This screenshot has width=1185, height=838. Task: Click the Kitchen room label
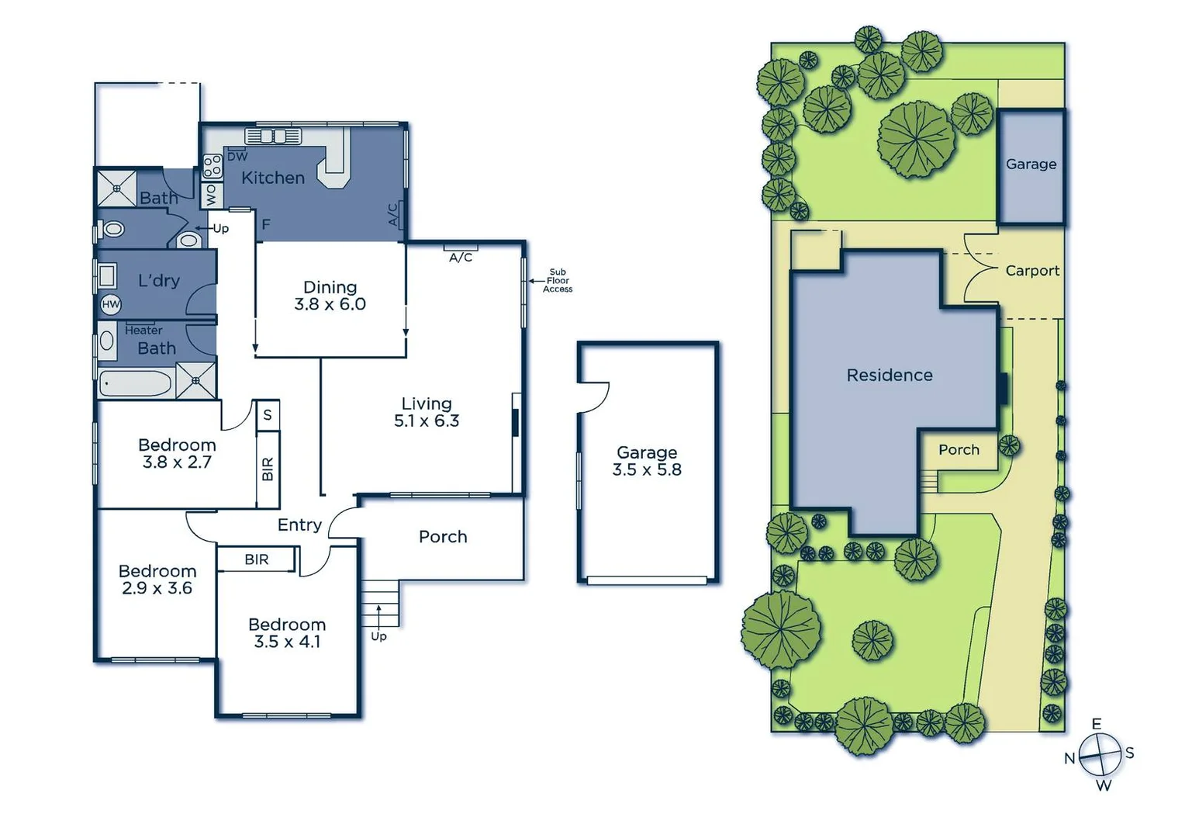[272, 178]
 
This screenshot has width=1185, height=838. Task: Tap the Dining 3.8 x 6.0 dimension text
[330, 304]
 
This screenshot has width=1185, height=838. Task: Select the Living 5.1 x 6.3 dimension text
[427, 421]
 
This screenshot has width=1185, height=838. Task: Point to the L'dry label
[159, 280]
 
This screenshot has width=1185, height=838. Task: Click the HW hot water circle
[111, 304]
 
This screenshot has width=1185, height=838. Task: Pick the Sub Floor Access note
[558, 280]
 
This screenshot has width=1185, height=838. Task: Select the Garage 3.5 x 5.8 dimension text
[647, 469]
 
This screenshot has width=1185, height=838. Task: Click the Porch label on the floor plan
[443, 536]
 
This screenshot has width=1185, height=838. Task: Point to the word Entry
[299, 525]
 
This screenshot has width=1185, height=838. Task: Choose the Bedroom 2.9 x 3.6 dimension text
[157, 588]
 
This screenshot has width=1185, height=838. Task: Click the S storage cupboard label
[268, 414]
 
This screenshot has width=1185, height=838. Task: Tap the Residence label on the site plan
[890, 376]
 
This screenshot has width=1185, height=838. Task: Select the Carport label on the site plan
[1032, 271]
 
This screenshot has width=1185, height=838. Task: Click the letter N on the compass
[1069, 758]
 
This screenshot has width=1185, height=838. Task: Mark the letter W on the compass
[1104, 786]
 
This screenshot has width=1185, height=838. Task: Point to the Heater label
[143, 331]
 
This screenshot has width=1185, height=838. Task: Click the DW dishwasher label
[237, 157]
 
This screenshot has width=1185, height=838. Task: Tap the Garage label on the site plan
[1031, 164]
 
